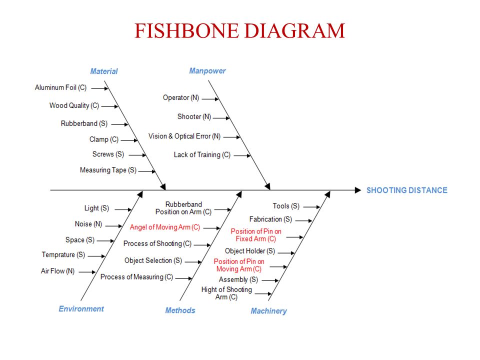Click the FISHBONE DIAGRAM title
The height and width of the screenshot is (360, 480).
click(239, 30)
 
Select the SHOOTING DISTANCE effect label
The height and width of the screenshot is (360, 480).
click(407, 190)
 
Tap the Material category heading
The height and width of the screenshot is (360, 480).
click(104, 71)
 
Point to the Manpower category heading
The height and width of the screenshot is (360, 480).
click(207, 70)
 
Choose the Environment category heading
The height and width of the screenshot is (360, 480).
click(81, 308)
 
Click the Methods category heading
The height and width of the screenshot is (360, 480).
click(180, 310)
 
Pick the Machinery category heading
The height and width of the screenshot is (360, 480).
click(268, 311)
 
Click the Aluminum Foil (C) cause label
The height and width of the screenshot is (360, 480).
click(60, 87)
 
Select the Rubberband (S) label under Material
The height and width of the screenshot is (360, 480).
click(84, 123)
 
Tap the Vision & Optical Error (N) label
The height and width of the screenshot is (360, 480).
click(184, 136)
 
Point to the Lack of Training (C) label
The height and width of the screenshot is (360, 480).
click(202, 155)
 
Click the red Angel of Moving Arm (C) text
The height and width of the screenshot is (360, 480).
click(164, 227)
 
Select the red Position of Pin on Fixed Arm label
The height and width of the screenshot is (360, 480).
click(256, 235)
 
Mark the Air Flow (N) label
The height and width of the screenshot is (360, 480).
click(57, 271)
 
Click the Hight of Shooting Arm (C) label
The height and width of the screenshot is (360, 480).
click(226, 293)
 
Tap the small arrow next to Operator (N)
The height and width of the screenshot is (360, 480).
click(210, 99)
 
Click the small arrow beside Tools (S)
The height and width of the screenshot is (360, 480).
click(311, 207)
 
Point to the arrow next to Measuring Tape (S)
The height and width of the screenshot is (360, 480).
click(147, 171)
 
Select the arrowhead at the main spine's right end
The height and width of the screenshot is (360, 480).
click(358, 190)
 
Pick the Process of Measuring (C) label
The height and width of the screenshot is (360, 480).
click(136, 277)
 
